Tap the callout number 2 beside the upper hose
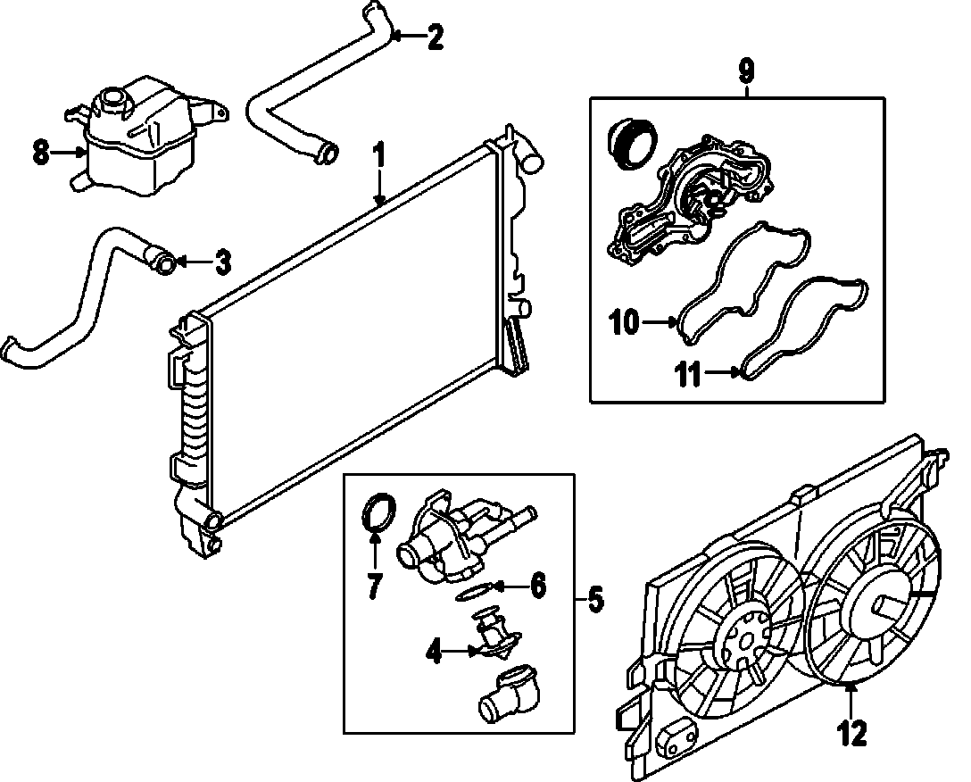(434, 37)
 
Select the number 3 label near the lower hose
(222, 262)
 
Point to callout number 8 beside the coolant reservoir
(40, 153)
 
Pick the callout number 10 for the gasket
(626, 321)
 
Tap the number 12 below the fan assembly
(851, 734)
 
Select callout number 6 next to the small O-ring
(537, 586)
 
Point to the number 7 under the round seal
(374, 586)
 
